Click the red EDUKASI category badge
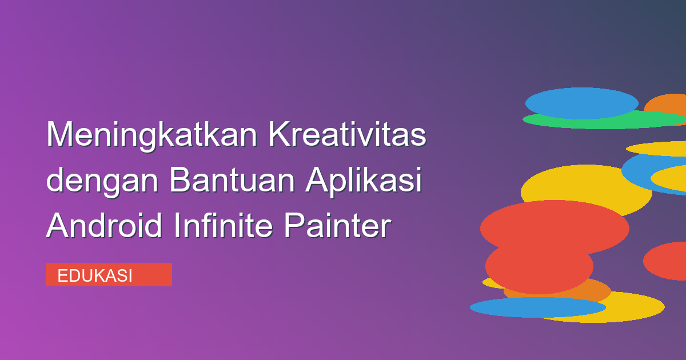(x=109, y=275)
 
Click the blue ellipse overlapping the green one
(x=581, y=103)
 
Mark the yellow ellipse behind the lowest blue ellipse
(x=629, y=307)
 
